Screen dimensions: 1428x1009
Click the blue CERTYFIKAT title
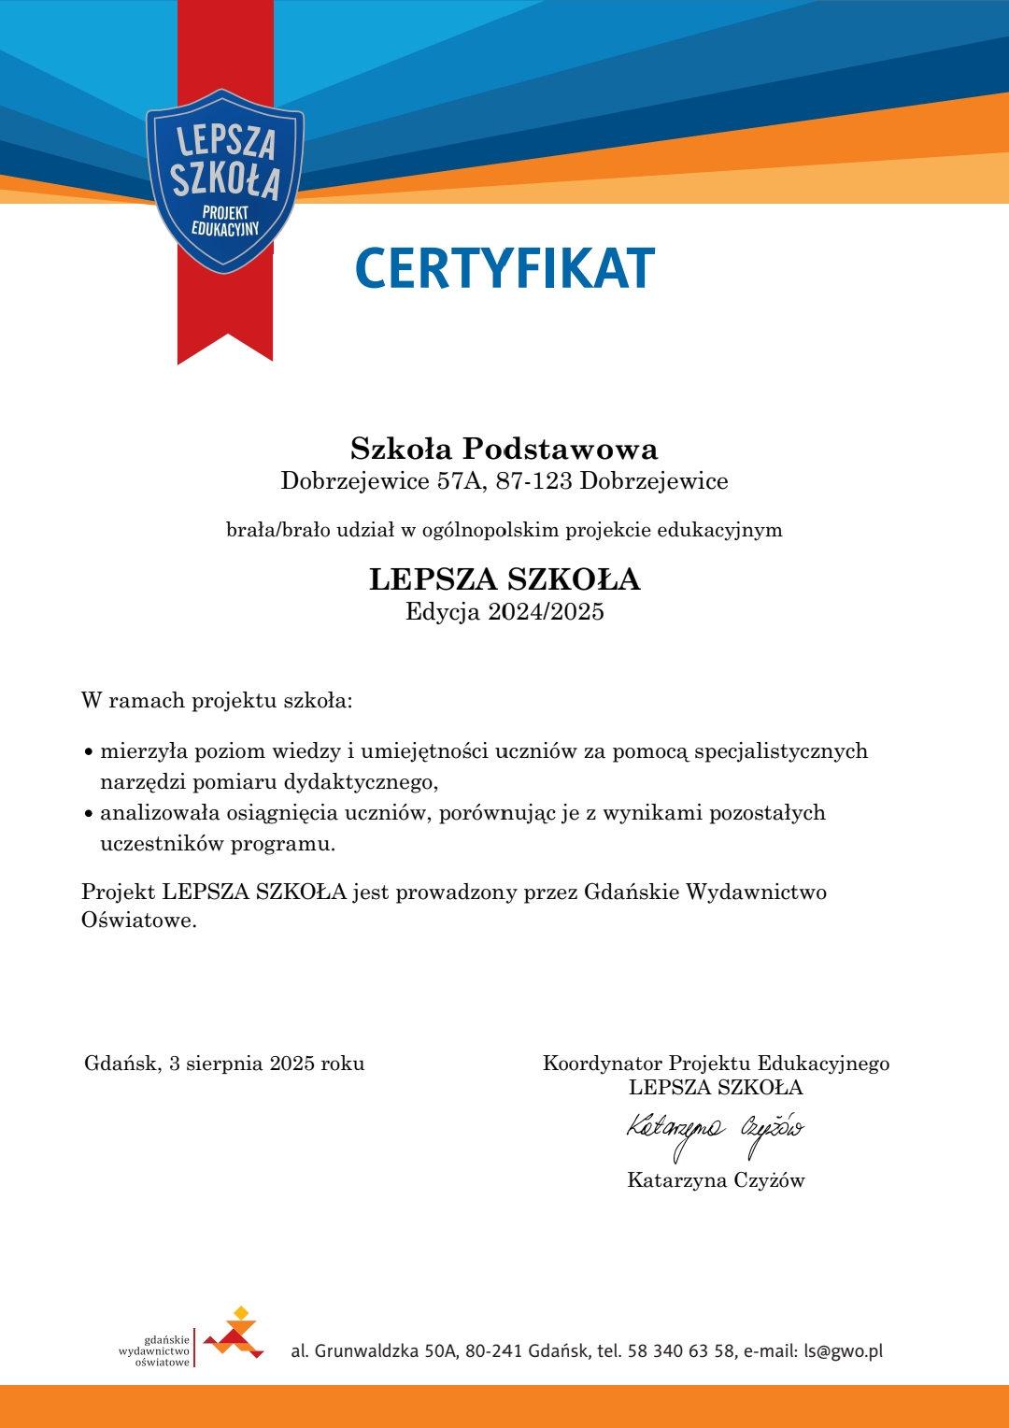504,268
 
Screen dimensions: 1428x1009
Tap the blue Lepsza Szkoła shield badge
225,181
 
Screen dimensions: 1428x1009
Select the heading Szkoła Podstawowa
504,450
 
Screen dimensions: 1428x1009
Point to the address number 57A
462,481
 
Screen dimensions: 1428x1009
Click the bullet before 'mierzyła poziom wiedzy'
88,752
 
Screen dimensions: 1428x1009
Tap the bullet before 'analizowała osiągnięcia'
88,814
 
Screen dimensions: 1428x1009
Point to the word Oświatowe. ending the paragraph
139,921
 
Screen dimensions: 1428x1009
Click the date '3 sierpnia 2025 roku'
266,1064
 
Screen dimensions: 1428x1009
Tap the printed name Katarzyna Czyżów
716,1180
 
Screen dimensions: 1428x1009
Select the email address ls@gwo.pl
843,1351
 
